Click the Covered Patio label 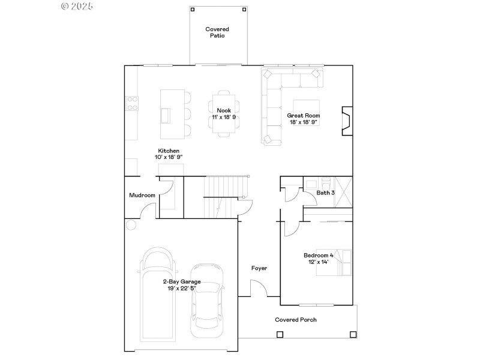tap(217, 32)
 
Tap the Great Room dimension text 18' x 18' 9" tap(303, 122)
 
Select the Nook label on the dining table tap(224, 110)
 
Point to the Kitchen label tap(169, 151)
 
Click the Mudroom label tap(142, 195)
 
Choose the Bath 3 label tap(326, 193)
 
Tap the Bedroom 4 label tap(318, 256)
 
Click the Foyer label tap(259, 268)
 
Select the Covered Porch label tap(296, 320)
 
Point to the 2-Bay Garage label tap(181, 281)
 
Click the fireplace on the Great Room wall tap(347, 122)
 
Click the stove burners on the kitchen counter tap(131, 103)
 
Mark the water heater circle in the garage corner tap(131, 225)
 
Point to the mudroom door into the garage tap(145, 212)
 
